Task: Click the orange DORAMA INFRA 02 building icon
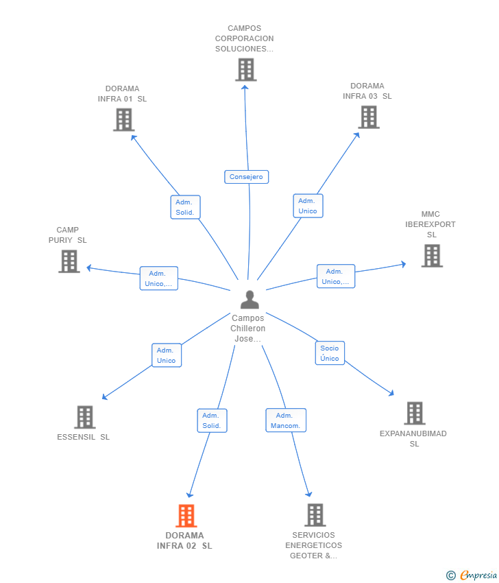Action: pos(186,516)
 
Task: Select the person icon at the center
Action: pos(249,300)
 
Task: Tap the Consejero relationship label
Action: pos(246,176)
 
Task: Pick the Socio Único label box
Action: pos(330,353)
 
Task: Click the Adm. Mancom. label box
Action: pos(286,420)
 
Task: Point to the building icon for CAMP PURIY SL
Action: pos(69,261)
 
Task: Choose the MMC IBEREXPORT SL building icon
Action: pos(432,256)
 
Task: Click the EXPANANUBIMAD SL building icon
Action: pos(415,413)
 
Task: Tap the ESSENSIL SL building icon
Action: pos(85,417)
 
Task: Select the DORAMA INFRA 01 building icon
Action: pos(124,120)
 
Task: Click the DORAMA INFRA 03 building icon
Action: pos(369,117)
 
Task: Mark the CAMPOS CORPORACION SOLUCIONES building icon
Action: pos(246,69)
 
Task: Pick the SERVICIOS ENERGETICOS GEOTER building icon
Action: pos(315,515)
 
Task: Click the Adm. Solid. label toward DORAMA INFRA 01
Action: pos(185,207)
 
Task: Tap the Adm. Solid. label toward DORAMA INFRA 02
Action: pos(212,420)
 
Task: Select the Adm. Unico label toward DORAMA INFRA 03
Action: pos(308,206)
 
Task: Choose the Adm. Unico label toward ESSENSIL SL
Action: pos(167,355)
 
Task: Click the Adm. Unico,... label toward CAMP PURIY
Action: pos(158,278)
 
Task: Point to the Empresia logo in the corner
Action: pos(472,575)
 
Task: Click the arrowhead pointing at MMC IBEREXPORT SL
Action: pos(404,264)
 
